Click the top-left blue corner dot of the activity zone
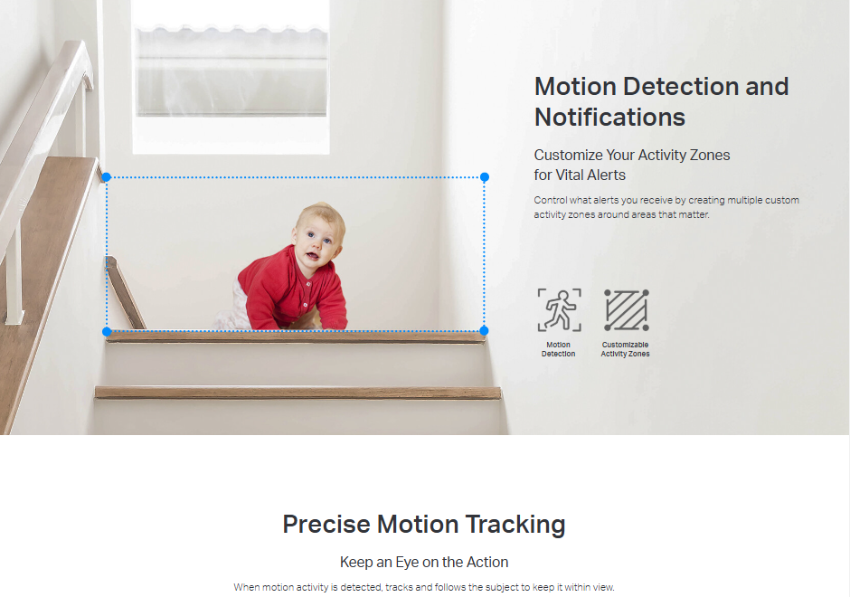(x=107, y=176)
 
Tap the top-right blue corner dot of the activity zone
(x=485, y=176)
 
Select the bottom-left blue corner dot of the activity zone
(x=107, y=331)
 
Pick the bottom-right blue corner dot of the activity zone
(x=484, y=330)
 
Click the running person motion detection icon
(x=560, y=309)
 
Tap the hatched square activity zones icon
(x=626, y=309)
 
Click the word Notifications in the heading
(x=609, y=117)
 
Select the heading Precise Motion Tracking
(x=424, y=525)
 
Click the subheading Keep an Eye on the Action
(x=424, y=562)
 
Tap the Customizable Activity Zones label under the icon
(x=625, y=349)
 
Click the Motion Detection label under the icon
(x=558, y=349)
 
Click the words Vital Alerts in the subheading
(x=591, y=175)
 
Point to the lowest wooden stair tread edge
(x=297, y=393)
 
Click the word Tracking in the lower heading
(x=515, y=525)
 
